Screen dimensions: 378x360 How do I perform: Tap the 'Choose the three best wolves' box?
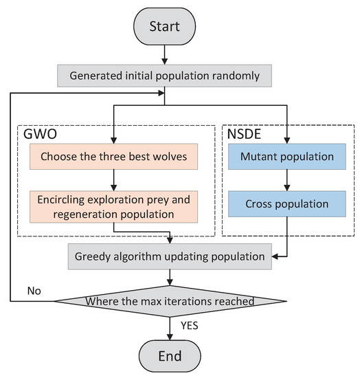(x=111, y=156)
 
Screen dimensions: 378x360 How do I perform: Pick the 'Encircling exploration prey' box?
(x=111, y=207)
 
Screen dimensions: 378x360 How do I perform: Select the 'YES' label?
(x=188, y=326)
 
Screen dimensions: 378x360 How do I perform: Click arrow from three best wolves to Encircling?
(x=111, y=179)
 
